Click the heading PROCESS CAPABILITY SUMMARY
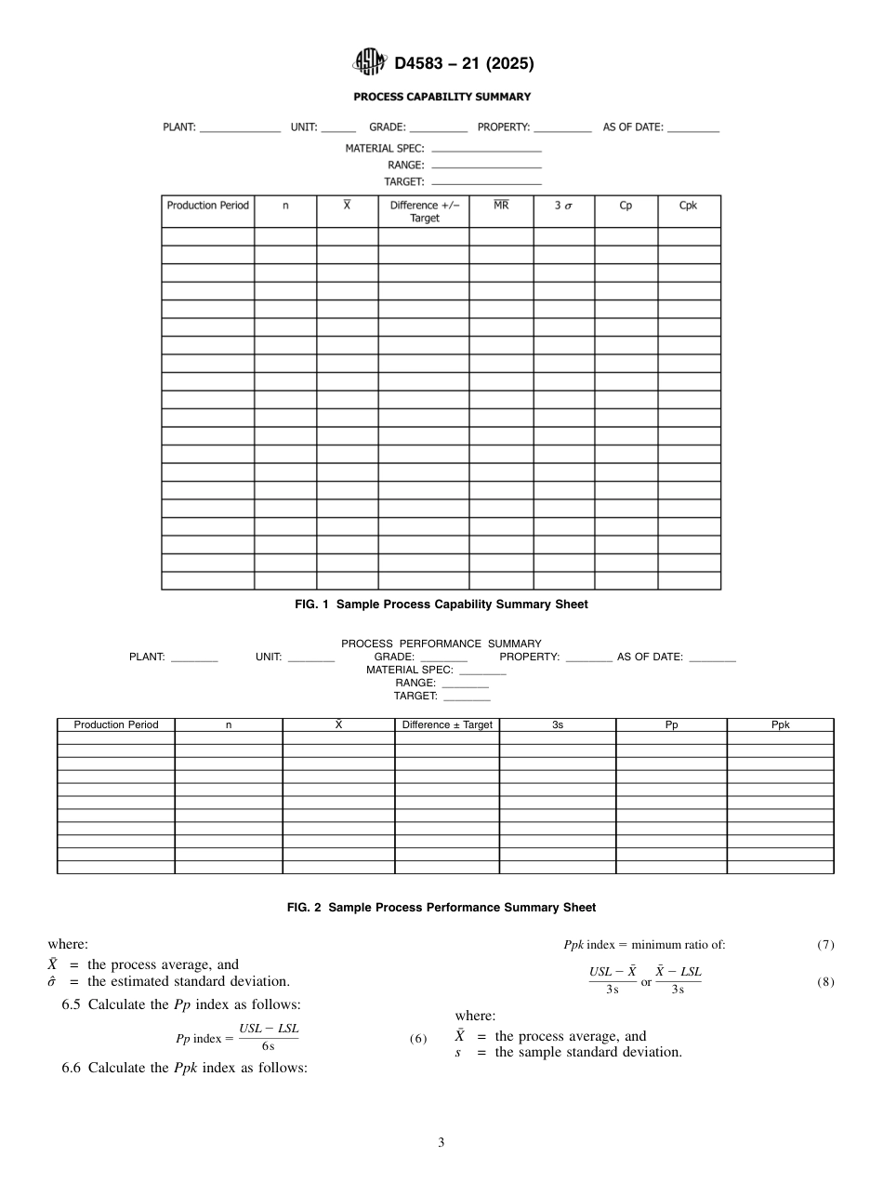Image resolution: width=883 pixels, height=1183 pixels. [441, 97]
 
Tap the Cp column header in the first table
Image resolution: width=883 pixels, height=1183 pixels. [626, 206]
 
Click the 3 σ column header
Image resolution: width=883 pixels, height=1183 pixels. [563, 206]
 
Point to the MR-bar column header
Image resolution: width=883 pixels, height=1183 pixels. [501, 206]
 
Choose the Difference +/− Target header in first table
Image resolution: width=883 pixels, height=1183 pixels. [424, 211]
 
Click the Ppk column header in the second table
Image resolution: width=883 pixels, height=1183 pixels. [781, 725]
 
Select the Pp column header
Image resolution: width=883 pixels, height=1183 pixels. [671, 725]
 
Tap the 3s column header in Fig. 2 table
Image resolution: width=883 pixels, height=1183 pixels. [558, 725]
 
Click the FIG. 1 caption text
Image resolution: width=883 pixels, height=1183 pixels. [441, 605]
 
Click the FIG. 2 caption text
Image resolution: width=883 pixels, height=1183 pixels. [441, 907]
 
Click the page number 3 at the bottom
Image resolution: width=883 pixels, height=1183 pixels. [441, 1142]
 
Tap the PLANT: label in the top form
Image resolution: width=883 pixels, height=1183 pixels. [179, 127]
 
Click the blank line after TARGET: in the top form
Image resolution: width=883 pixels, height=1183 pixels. [486, 181]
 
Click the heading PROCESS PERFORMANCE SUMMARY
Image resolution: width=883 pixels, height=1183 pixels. [441, 644]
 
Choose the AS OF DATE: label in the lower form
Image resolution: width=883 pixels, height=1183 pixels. [650, 658]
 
